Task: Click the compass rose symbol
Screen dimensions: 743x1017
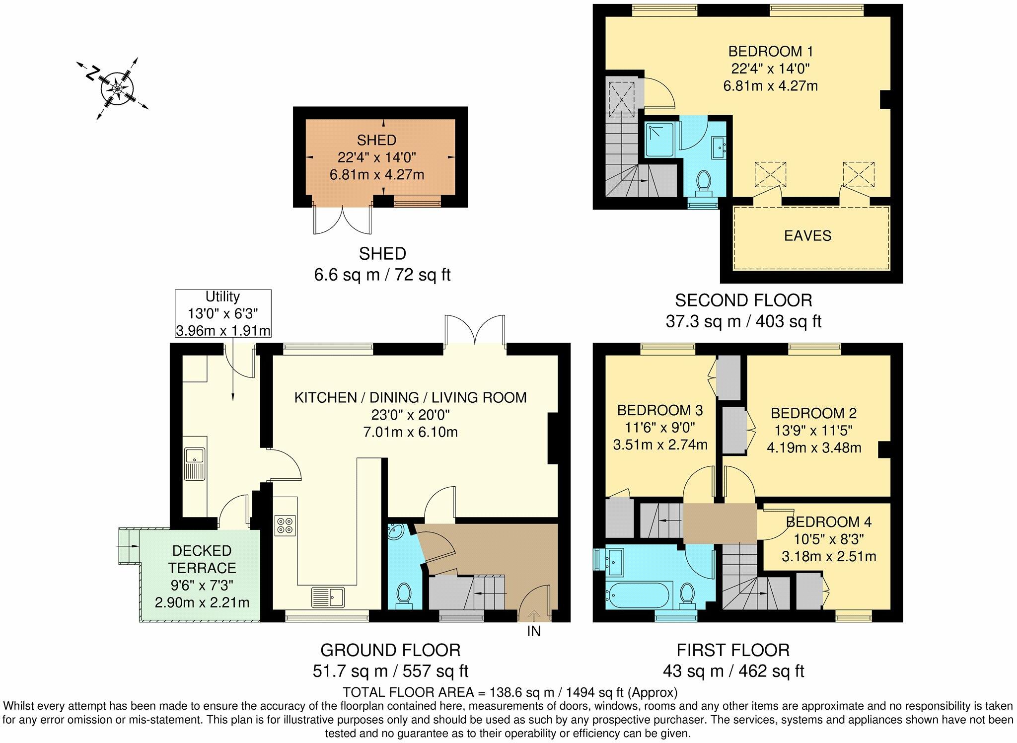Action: pyautogui.click(x=117, y=89)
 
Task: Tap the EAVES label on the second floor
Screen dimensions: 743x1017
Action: pyautogui.click(x=807, y=235)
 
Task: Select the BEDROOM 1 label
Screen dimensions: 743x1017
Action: pyautogui.click(x=770, y=52)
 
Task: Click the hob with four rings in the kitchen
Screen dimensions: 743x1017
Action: pyautogui.click(x=285, y=525)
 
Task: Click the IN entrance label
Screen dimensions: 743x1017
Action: pyautogui.click(x=534, y=631)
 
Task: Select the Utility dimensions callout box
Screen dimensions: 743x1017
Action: pyautogui.click(x=223, y=313)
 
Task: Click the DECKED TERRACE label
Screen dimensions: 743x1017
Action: pyautogui.click(x=202, y=559)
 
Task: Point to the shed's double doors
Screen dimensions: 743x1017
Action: pyautogui.click(x=342, y=219)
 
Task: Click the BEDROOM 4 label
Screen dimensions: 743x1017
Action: pyautogui.click(x=829, y=522)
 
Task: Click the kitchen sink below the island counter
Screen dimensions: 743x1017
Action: pyautogui.click(x=328, y=597)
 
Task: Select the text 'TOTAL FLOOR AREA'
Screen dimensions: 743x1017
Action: pyautogui.click(x=414, y=692)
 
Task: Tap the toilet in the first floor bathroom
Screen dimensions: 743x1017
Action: pyautogui.click(x=687, y=595)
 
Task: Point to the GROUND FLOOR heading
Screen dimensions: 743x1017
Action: pyautogui.click(x=390, y=650)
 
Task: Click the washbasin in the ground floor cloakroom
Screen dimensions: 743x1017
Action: pyautogui.click(x=397, y=532)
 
